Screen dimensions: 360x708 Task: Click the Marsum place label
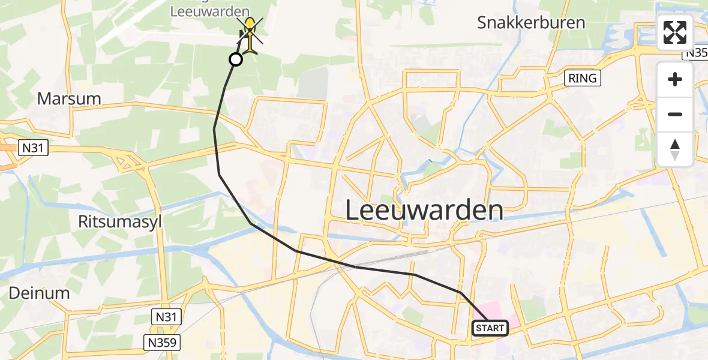coord(69,98)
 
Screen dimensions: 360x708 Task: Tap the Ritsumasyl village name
coord(121,221)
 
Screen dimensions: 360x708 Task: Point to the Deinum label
coord(40,293)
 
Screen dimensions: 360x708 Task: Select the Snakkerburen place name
coord(531,23)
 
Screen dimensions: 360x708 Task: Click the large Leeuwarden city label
coord(424,211)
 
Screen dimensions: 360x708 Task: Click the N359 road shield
coord(163,342)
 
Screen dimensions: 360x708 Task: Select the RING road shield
coord(582,78)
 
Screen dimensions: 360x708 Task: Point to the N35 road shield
coord(697,53)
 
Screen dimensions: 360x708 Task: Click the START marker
coord(490,328)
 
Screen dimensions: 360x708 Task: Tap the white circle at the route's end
coord(236,59)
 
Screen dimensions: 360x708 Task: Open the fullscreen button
coord(675,32)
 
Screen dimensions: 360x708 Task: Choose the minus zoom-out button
coord(675,114)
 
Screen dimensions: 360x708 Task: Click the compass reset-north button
coord(675,149)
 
